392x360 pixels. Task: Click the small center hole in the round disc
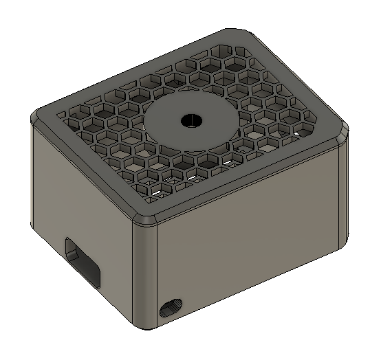coord(189,120)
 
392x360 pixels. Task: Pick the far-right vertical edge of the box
coord(343,192)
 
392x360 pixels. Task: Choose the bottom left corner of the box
coord(32,227)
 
